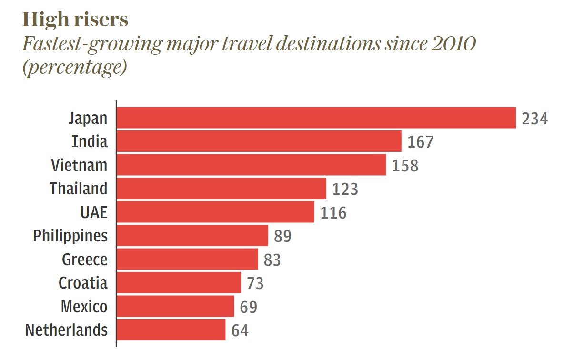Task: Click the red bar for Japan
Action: [316, 118]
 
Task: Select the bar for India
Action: [259, 141]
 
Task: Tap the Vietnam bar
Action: [251, 165]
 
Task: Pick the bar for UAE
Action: [215, 212]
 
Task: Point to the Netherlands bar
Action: [171, 330]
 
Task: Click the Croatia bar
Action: [179, 283]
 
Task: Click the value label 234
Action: [535, 118]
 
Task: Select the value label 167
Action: [421, 142]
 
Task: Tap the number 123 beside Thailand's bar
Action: [345, 189]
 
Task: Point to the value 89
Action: [282, 236]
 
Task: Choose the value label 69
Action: [248, 307]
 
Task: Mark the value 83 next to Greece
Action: [272, 260]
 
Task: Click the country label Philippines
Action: [70, 236]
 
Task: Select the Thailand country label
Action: [79, 189]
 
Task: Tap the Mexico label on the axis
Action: [84, 307]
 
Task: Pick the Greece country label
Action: [85, 260]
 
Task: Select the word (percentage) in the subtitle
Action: [74, 68]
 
